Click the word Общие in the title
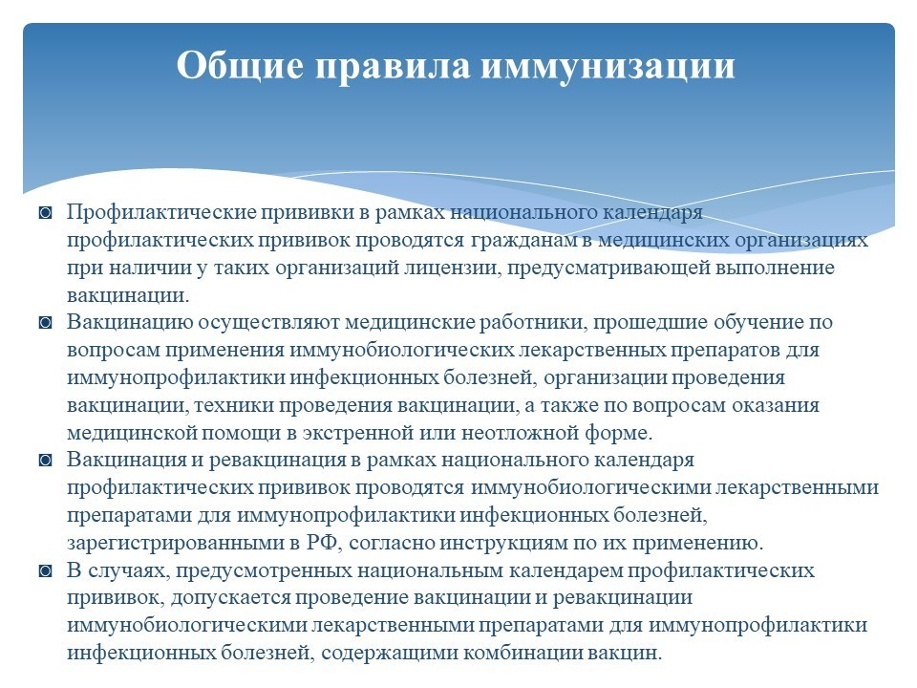tap(241, 64)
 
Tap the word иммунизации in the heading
tap(608, 66)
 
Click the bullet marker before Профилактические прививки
tap(45, 212)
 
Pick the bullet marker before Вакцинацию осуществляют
tap(45, 322)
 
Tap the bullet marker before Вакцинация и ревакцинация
tap(45, 461)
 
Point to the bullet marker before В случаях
tap(45, 570)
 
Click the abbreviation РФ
tap(323, 543)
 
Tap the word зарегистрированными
tap(176, 544)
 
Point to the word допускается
tap(230, 598)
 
